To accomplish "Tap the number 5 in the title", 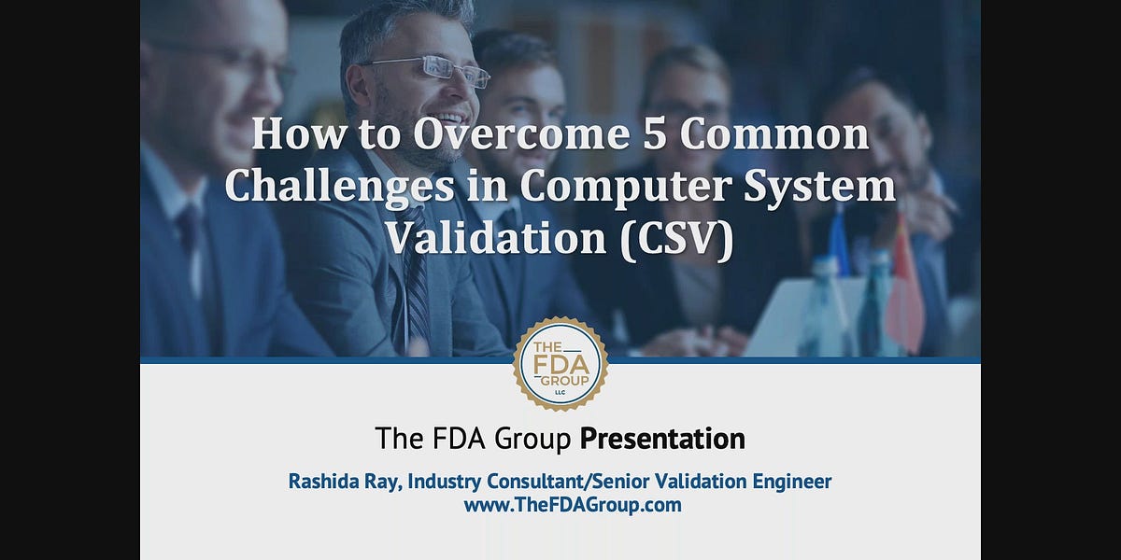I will pyautogui.click(x=652, y=135).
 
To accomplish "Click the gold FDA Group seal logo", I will pyautogui.click(x=560, y=364).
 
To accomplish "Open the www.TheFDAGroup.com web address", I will pyautogui.click(x=572, y=505).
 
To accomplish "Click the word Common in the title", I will pyautogui.click(x=774, y=135).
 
